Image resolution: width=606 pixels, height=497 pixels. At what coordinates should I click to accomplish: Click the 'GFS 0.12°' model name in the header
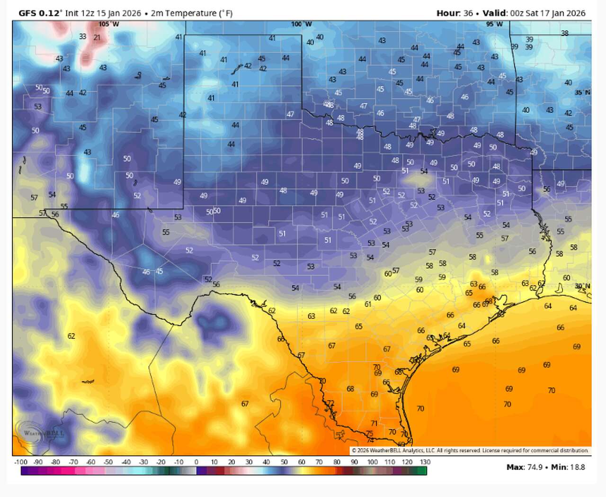pos(40,13)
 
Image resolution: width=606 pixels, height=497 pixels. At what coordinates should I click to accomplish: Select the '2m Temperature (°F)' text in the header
pos(192,13)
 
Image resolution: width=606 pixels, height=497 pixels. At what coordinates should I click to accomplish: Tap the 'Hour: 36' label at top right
pos(454,13)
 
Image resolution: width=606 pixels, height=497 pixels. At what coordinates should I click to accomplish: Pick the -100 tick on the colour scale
pos(21,462)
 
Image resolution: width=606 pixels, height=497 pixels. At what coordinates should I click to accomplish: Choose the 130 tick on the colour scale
pos(425,462)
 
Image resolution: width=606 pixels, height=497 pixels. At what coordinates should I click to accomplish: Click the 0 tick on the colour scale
pos(196,462)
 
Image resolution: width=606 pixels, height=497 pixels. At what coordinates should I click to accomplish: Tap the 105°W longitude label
pos(109,24)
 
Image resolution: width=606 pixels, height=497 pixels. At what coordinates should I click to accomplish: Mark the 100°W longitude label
pos(302,24)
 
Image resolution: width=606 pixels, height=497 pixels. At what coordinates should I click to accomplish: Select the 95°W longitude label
pos(494,24)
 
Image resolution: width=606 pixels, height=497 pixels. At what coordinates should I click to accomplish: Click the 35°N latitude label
pos(582,92)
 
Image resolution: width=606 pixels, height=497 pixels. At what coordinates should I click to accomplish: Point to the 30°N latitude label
pos(582,286)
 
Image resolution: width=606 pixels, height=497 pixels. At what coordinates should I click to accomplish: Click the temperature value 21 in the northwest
pos(97,37)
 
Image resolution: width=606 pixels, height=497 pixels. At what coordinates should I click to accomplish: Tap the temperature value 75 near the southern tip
pos(369,434)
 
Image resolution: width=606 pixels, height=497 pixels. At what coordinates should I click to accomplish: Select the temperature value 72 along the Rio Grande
pos(330,403)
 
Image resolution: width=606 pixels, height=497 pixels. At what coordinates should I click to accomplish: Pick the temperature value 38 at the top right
pos(565,34)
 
